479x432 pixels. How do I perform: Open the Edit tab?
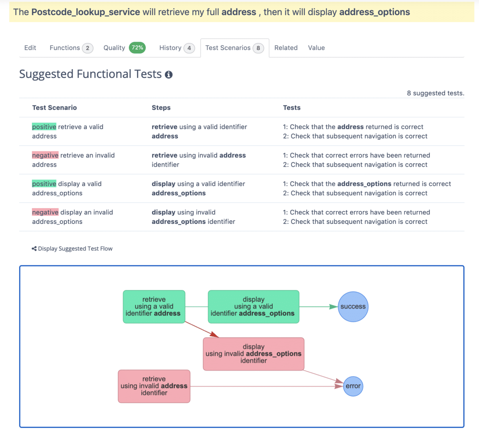30,48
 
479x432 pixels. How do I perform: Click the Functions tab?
65,48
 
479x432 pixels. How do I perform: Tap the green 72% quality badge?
137,48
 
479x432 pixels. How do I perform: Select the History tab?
170,48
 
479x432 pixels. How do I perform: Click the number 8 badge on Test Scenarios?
258,48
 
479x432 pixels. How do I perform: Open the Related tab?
286,48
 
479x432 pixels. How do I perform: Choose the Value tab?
316,48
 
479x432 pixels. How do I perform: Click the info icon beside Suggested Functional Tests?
169,75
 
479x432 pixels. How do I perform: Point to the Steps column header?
161,108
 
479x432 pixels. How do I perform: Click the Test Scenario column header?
54,108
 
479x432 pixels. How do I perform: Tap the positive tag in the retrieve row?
44,127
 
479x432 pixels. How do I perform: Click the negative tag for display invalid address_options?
45,212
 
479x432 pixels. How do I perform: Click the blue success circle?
353,307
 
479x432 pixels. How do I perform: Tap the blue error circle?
353,386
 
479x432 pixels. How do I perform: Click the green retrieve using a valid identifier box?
154,307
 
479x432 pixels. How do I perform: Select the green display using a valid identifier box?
253,307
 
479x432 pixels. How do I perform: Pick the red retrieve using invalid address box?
154,386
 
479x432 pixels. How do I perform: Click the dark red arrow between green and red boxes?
202,330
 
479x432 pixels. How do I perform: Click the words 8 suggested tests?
435,93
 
